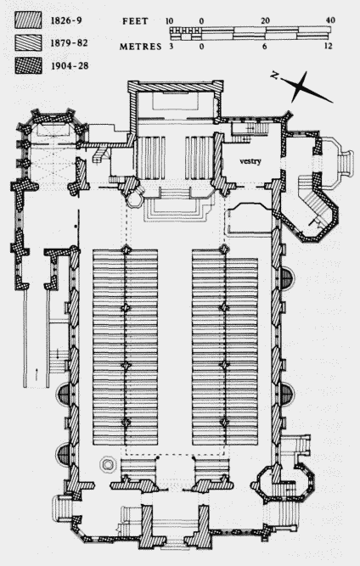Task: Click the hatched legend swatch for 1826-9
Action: point(28,20)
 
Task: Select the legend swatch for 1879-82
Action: point(28,42)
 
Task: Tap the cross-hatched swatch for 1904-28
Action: point(28,65)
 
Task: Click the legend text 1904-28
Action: point(70,66)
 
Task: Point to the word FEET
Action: point(135,21)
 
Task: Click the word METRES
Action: point(140,47)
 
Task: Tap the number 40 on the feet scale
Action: point(330,20)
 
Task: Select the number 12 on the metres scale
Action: point(328,46)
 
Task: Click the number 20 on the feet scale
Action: point(265,21)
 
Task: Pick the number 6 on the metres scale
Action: point(265,46)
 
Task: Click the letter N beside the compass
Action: point(275,76)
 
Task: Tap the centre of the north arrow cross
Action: point(300,86)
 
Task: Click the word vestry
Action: point(250,161)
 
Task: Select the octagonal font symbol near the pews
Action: point(107,464)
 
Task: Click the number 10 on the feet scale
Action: point(169,21)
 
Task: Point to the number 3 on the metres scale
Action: point(171,46)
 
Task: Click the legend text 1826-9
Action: point(66,20)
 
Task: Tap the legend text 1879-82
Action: point(70,43)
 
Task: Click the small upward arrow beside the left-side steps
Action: point(37,374)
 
